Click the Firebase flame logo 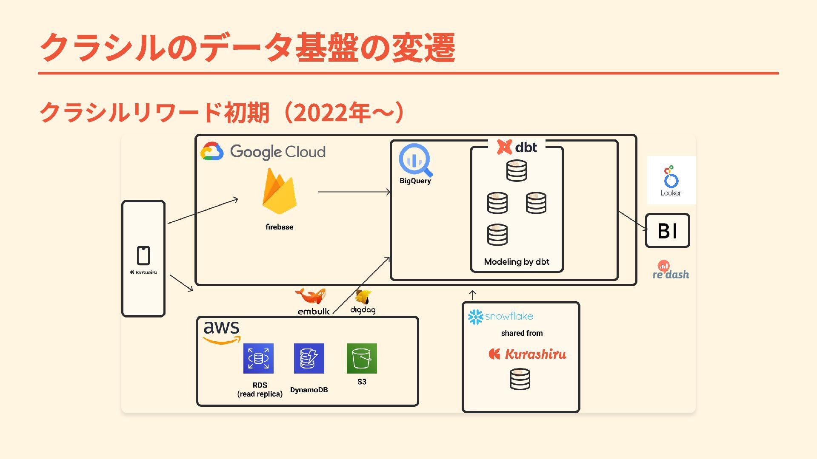pos(279,192)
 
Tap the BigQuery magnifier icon pos(415,160)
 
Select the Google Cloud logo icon pos(212,151)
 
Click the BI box pos(667,231)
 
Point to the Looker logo pos(671,180)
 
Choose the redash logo pos(671,271)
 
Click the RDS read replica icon pos(258,358)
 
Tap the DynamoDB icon pos(309,358)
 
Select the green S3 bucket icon pos(362,358)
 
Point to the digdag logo pos(363,297)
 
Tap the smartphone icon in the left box pos(143,255)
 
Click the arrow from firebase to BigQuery pos(354,192)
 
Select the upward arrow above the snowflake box pos(472,295)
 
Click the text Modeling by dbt pos(517,262)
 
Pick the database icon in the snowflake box pos(520,379)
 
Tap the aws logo pos(222,331)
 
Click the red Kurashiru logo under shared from pos(528,354)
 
